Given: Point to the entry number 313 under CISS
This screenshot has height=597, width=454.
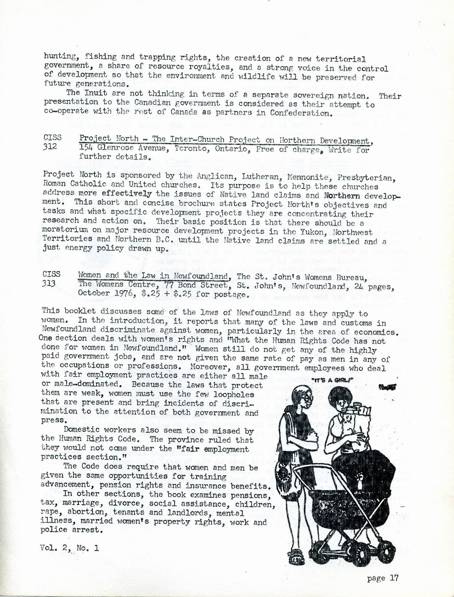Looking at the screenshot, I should tap(49, 283).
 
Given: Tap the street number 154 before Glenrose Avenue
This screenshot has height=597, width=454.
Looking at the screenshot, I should tap(86, 148).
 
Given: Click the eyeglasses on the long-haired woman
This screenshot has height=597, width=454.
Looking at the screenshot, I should tap(308, 398).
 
